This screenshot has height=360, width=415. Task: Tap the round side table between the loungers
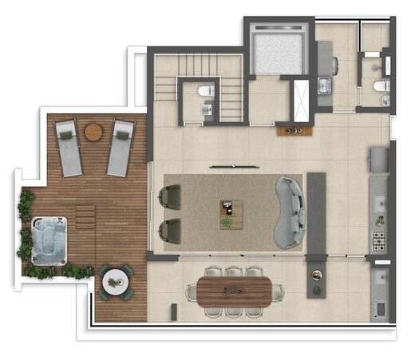93,131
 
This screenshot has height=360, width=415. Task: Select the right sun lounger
121,148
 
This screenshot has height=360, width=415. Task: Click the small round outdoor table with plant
116,280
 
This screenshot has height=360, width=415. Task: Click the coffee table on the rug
231,212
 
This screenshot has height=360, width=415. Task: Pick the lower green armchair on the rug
170,231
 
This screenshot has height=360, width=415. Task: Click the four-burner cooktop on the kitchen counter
378,238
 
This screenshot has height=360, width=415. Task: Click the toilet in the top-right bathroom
381,85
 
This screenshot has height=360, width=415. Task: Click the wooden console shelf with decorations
293,129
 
